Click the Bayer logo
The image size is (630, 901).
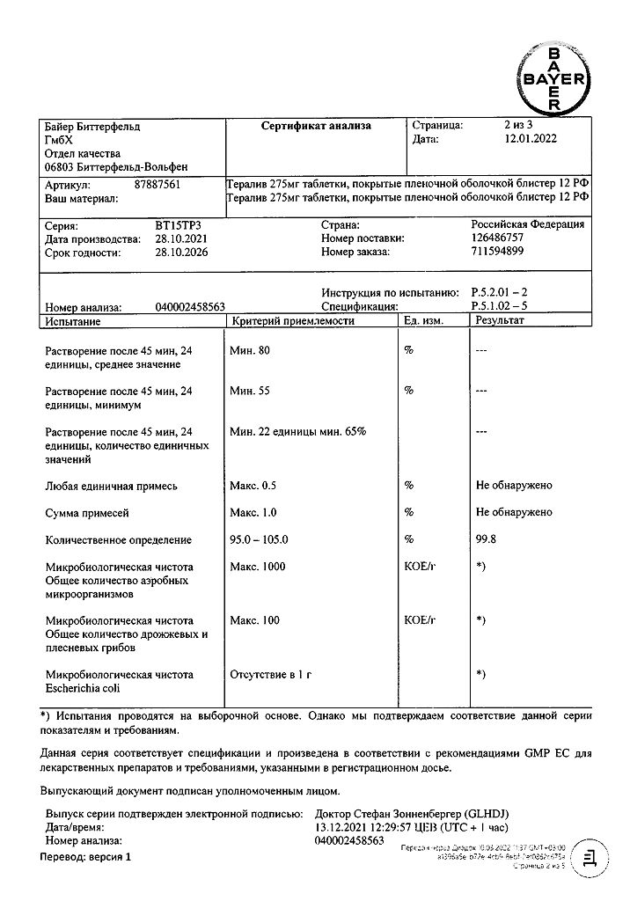pos(553,79)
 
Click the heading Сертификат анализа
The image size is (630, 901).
pos(316,126)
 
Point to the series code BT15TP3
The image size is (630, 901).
pos(177,225)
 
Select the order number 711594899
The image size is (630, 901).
pos(497,252)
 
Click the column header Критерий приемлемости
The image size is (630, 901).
pos(292,321)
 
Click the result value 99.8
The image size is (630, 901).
pos(486,540)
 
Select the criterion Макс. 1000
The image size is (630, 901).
pos(258,567)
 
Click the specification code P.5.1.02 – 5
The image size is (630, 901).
pos(499,307)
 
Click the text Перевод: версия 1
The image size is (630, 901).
pos(85,856)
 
